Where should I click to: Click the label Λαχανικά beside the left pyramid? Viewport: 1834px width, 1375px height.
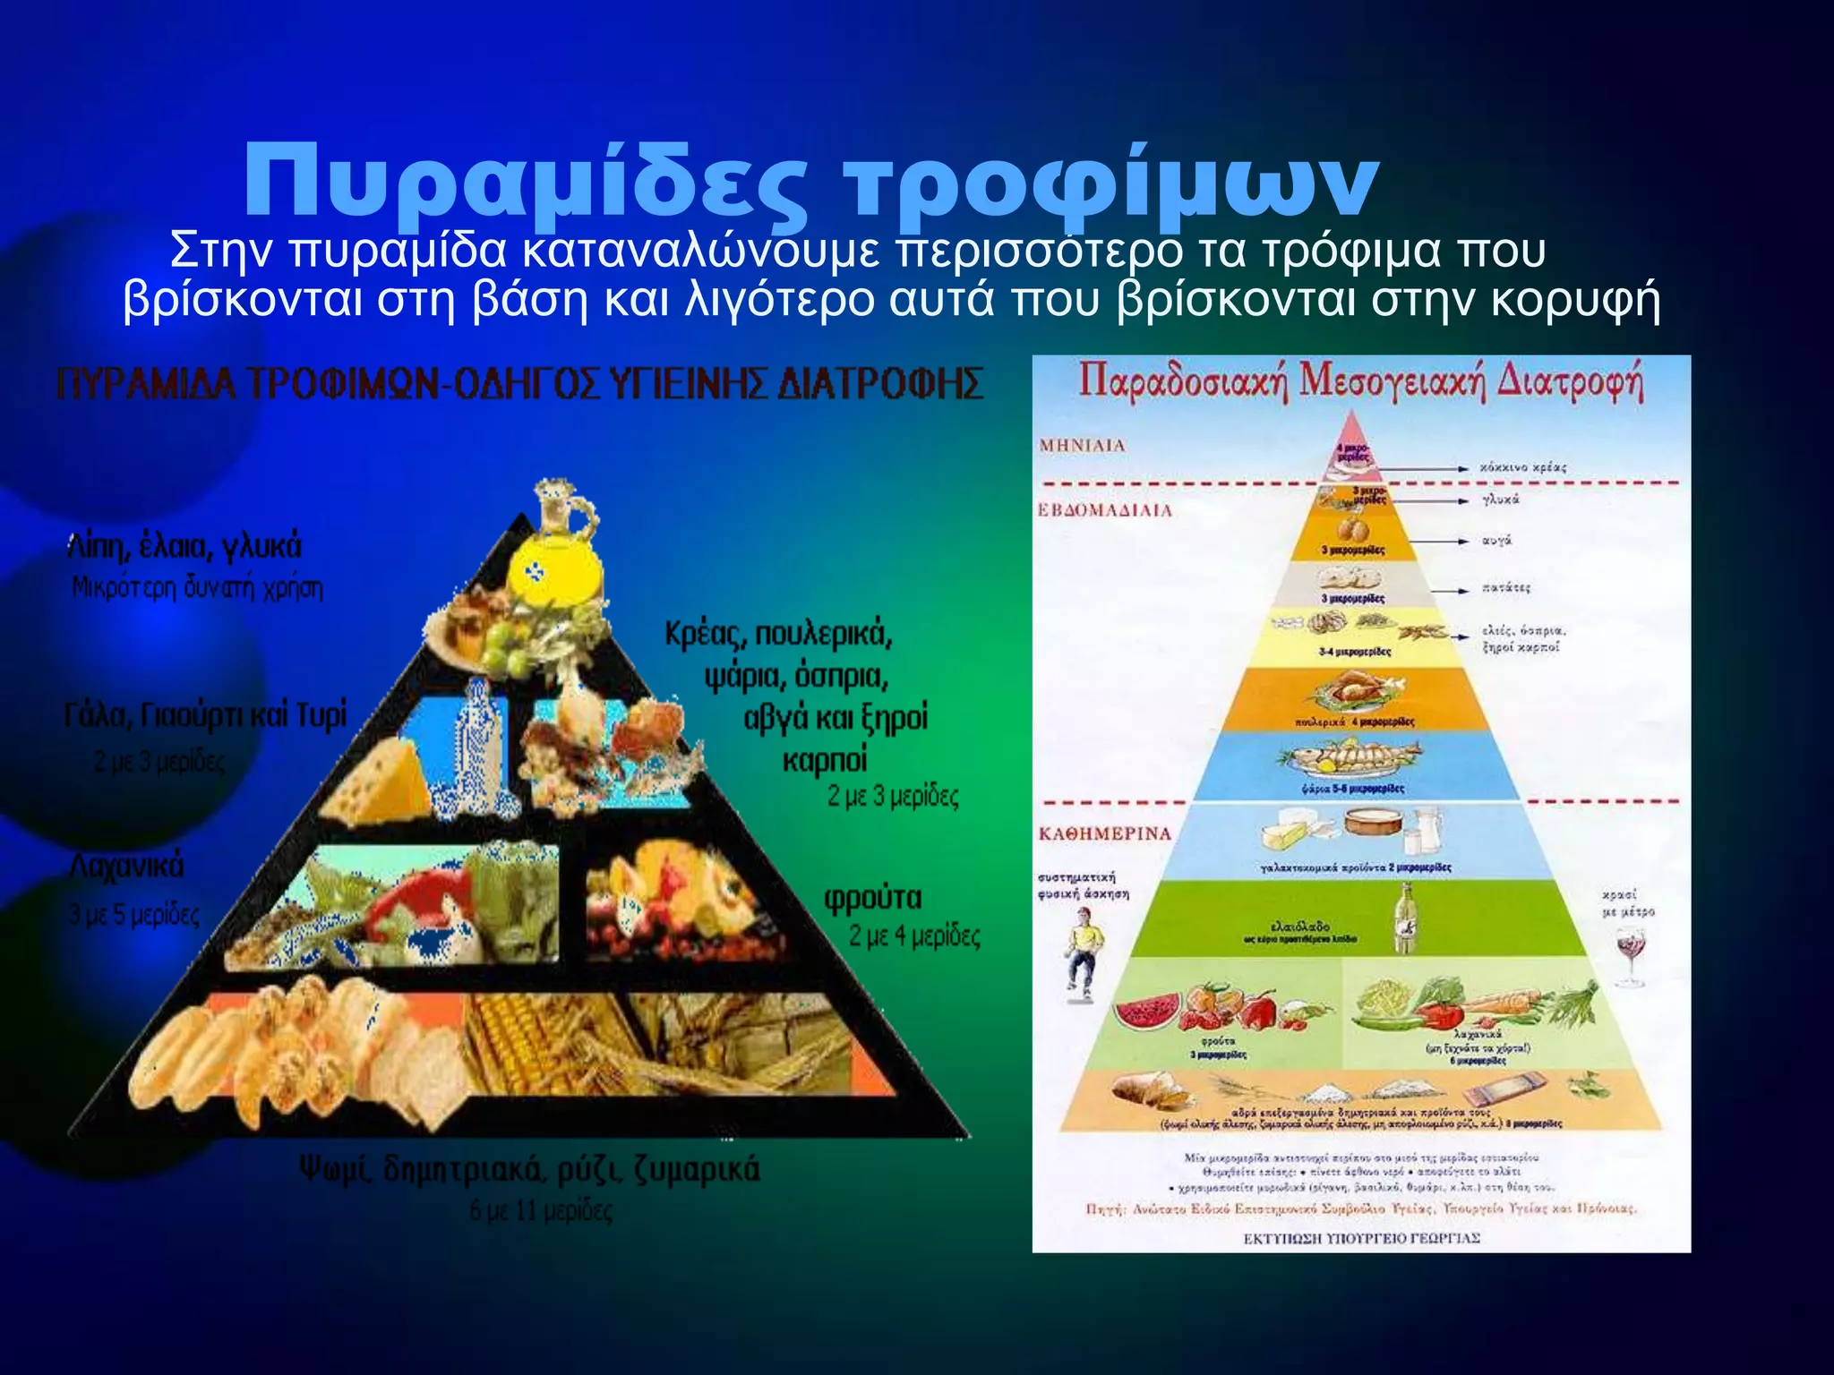(x=127, y=867)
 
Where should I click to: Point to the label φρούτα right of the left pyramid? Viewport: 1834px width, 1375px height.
(x=872, y=898)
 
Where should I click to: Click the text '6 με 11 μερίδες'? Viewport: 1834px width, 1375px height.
(x=541, y=1211)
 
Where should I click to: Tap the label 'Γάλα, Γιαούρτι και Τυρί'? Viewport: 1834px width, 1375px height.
(x=205, y=716)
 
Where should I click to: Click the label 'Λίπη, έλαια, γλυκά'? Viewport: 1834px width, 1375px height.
(x=185, y=546)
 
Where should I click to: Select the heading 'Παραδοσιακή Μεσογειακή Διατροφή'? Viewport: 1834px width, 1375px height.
(x=1360, y=383)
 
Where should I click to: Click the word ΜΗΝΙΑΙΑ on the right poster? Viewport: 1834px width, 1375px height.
(x=1082, y=446)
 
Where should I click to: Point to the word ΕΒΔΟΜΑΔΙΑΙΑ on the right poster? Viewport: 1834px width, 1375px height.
(x=1104, y=510)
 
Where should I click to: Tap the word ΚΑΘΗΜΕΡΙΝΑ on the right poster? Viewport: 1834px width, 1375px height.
(x=1104, y=833)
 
